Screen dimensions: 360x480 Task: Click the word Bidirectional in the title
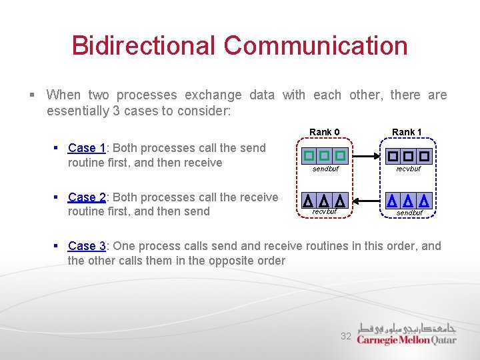(143, 46)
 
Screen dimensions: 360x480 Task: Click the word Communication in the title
(315, 46)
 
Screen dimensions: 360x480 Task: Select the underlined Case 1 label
(87, 148)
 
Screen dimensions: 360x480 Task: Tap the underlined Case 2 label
(87, 197)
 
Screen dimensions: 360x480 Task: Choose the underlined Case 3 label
(87, 246)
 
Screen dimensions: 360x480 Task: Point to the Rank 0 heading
(325, 132)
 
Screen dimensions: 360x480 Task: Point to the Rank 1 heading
(407, 132)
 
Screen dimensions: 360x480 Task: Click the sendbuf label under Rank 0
(325, 169)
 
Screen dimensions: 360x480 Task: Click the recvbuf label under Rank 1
(408, 169)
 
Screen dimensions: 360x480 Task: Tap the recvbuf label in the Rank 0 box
(325, 212)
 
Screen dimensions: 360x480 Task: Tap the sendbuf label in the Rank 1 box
(409, 213)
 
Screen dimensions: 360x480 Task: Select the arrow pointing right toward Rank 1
(366, 156)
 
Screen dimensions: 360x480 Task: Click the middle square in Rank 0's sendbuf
(324, 156)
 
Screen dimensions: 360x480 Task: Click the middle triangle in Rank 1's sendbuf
(407, 201)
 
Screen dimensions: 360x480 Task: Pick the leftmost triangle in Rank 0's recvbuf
(308, 201)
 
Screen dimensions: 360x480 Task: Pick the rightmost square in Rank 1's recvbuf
(423, 156)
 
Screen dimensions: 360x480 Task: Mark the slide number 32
(346, 337)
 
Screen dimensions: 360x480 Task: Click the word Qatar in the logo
(445, 340)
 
